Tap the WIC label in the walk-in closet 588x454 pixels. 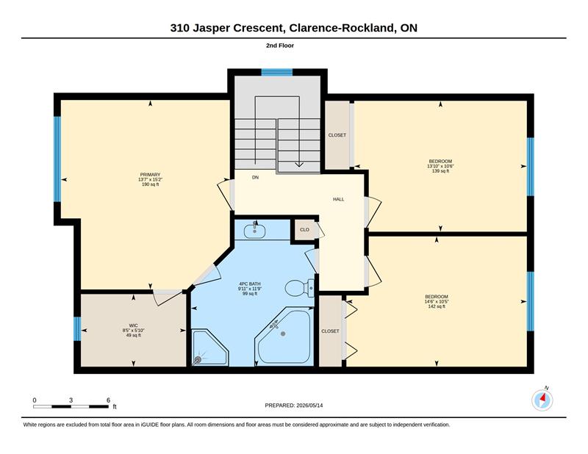pos(134,325)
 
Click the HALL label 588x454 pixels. pos(338,199)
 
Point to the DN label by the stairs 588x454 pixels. pos(255,177)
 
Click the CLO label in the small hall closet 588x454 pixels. pos(304,229)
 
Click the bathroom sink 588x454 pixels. pos(254,231)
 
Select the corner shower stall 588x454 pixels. pos(210,347)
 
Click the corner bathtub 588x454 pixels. pos(284,336)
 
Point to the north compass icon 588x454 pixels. pos(542,400)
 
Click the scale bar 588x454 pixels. pos(71,406)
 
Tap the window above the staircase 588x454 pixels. pos(277,72)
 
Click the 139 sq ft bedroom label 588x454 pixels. pos(440,166)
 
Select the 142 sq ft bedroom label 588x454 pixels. pos(437,301)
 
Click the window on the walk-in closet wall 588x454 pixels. pos(77,329)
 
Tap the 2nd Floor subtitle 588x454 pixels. pos(280,46)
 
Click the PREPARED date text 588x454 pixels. pos(293,406)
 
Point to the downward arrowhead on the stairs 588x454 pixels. pos(299,164)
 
